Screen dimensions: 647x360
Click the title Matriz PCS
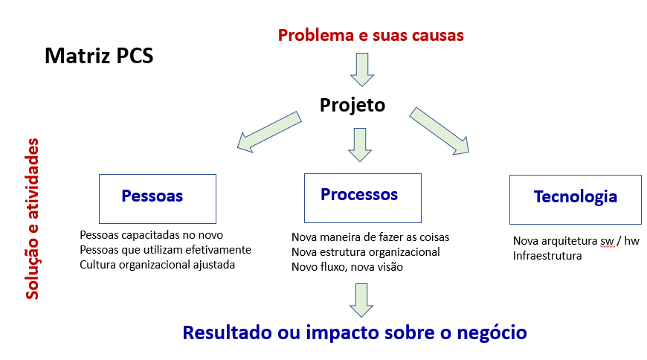tap(99, 56)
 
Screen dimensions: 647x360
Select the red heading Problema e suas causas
tap(371, 35)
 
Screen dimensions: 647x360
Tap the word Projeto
tap(353, 105)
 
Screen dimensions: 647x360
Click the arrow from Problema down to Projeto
tap(362, 69)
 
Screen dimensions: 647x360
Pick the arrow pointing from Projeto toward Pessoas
tap(269, 132)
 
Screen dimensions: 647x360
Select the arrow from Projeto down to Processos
tap(360, 144)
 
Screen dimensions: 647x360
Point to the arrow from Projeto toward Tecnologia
tap(440, 131)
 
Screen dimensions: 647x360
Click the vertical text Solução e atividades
tap(32, 219)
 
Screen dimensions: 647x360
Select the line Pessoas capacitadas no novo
tap(152, 235)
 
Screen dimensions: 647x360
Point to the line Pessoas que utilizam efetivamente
tap(165, 250)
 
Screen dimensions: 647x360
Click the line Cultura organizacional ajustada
tap(157, 265)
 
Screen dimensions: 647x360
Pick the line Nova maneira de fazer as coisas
tap(370, 237)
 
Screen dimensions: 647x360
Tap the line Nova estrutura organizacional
tap(366, 252)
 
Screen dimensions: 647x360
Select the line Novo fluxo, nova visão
tap(347, 267)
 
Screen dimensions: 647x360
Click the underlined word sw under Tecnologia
tap(607, 241)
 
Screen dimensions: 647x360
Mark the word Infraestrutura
tap(547, 256)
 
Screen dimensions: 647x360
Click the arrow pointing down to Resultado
tap(361, 300)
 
